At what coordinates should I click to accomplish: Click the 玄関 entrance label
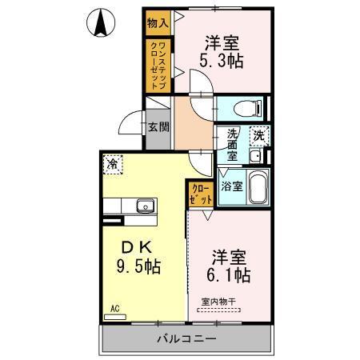(x=158, y=127)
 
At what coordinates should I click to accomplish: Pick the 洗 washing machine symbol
(x=259, y=136)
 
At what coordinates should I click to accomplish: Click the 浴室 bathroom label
(x=233, y=187)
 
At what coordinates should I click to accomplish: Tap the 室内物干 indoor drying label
(x=217, y=302)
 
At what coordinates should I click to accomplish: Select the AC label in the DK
(x=115, y=307)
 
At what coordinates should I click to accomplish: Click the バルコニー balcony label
(x=186, y=338)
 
